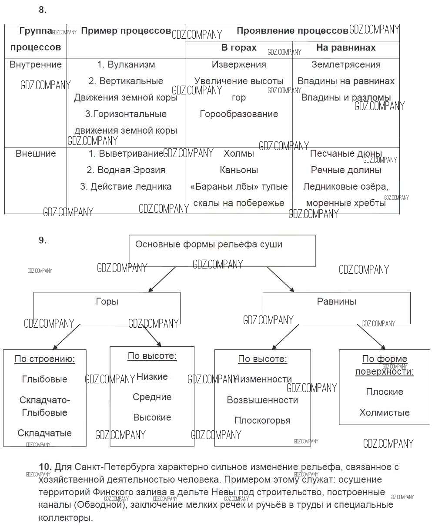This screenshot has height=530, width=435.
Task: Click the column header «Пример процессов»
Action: coord(126,31)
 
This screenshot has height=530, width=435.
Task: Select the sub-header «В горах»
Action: coord(239,48)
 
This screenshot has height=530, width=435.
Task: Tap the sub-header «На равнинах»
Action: coord(346,48)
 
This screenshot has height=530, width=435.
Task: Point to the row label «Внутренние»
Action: coord(36,65)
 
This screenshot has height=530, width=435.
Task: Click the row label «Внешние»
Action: coord(36,154)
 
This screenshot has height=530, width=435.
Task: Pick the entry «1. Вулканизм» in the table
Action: coord(126,65)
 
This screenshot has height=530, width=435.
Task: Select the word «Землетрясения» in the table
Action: coord(346,65)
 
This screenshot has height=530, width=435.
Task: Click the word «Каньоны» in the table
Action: coord(239,170)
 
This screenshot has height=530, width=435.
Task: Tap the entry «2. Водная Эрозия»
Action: coord(126,170)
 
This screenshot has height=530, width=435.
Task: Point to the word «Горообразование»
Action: coord(239,114)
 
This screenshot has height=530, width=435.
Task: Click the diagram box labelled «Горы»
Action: coord(107,307)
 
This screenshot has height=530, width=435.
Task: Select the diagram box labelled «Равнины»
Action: coord(336,307)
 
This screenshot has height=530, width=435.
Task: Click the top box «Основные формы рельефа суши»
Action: coord(222,251)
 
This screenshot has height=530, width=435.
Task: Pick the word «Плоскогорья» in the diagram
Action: coord(262,421)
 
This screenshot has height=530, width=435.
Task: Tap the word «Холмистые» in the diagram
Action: coord(385,413)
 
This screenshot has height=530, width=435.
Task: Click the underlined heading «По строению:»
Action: coord(44,359)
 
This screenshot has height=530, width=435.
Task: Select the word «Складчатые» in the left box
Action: coord(44,433)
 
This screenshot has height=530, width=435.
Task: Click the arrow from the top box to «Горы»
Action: coord(162,279)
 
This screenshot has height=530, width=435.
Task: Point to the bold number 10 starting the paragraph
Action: coord(45,467)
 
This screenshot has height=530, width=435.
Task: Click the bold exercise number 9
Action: coord(42,240)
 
